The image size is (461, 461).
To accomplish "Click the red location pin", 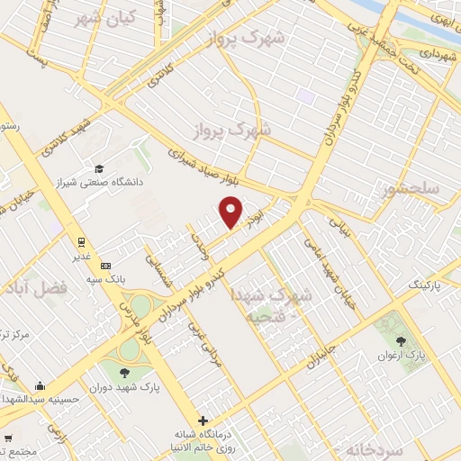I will pyautogui.click(x=231, y=211).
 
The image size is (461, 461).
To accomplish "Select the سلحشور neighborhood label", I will pyautogui.click(x=411, y=190).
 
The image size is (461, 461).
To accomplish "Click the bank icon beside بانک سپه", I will pyautogui.click(x=106, y=267).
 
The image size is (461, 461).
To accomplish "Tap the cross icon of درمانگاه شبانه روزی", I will pyautogui.click(x=204, y=420).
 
